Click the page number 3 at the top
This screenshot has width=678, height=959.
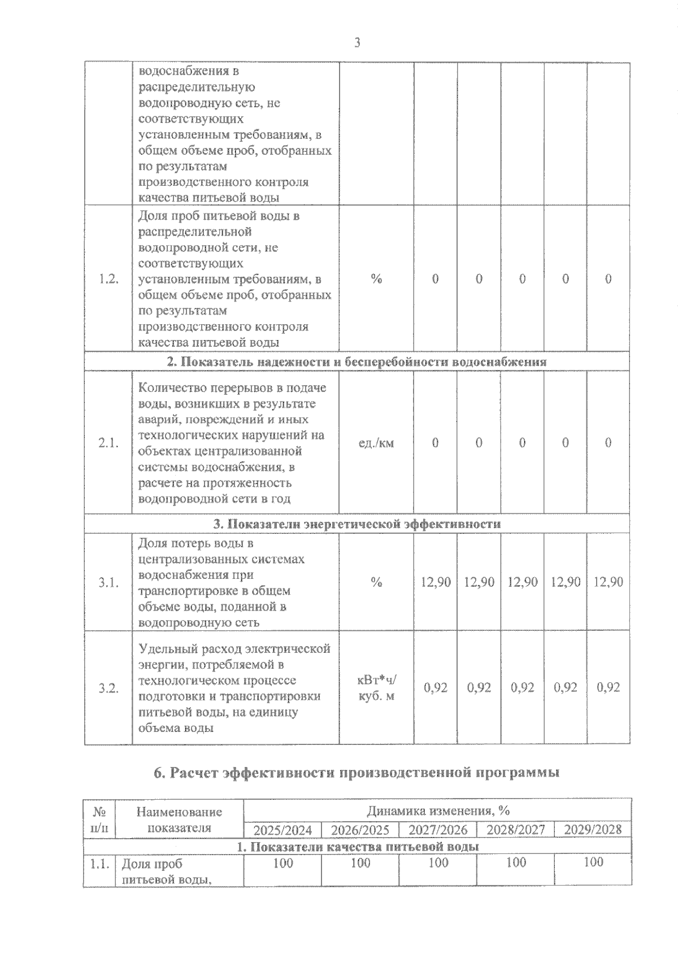point(357,43)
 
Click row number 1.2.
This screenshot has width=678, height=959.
point(108,279)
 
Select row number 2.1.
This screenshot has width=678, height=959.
point(108,443)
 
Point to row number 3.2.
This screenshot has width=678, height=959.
point(108,688)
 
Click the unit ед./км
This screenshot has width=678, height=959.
point(376,443)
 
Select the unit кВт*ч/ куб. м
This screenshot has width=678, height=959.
point(376,688)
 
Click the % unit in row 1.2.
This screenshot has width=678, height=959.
point(376,279)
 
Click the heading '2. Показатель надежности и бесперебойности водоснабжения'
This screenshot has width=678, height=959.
point(357,362)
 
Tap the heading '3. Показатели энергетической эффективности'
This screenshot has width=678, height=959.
point(357,524)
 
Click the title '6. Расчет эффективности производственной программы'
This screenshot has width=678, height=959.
point(357,773)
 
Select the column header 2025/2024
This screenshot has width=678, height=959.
point(282,830)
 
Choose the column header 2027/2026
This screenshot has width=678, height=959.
point(438,830)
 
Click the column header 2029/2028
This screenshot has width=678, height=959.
point(593,830)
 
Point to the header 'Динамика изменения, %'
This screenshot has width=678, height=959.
point(438,811)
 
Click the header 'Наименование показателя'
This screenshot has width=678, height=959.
point(179,820)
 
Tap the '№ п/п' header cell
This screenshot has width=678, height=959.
point(99,820)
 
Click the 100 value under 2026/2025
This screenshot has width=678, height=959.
point(360,863)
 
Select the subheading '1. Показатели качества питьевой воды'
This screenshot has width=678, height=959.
point(357,847)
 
